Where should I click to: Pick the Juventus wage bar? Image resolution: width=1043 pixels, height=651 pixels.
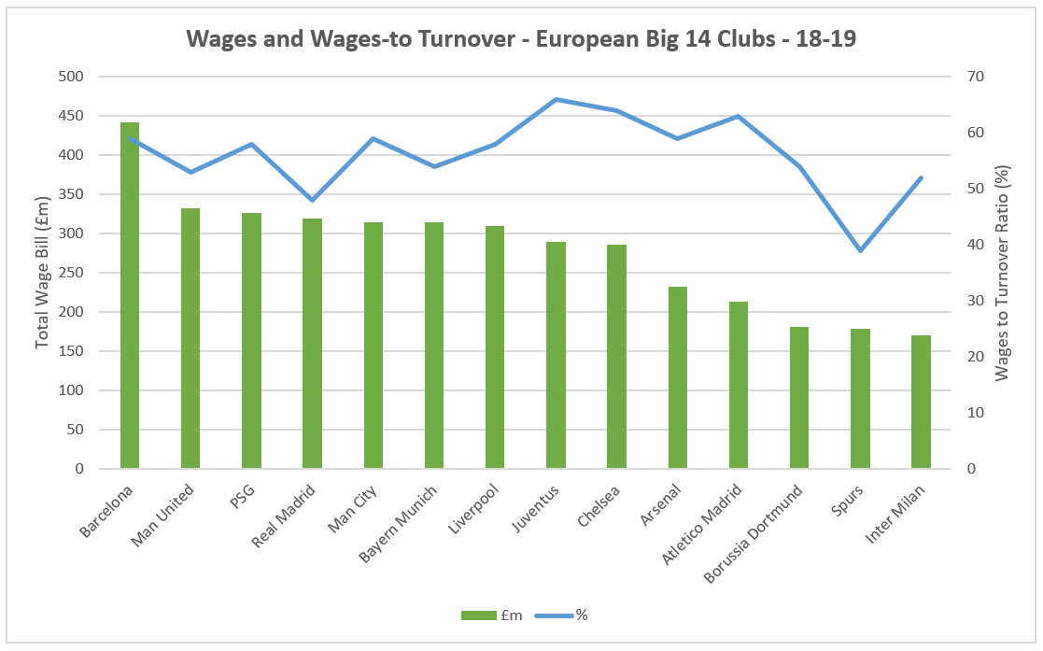[x=556, y=355]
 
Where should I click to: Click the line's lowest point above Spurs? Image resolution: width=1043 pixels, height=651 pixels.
[x=860, y=250]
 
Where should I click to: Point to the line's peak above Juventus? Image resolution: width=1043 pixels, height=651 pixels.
[x=556, y=99]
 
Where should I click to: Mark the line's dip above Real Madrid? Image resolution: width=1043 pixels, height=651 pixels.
[x=312, y=200]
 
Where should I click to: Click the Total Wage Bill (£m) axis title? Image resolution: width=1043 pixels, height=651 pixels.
[x=42, y=273]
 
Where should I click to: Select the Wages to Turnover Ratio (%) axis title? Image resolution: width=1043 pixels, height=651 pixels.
[x=1003, y=273]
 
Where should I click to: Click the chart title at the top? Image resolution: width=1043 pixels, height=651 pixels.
[x=521, y=38]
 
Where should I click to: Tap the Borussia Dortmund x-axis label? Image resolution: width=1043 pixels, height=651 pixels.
[x=754, y=534]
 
